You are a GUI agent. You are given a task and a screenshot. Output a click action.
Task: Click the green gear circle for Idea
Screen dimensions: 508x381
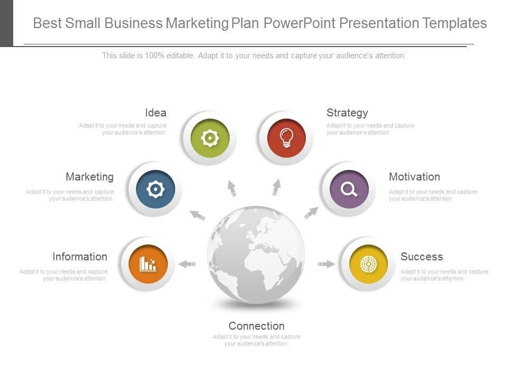[210, 138]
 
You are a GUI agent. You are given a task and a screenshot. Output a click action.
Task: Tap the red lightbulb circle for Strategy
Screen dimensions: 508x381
[286, 138]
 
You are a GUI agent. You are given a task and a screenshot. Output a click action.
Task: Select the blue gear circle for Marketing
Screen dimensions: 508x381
[156, 189]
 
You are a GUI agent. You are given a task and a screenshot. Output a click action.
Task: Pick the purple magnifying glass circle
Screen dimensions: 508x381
[349, 189]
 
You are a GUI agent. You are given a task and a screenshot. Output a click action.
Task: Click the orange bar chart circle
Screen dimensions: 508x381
[148, 264]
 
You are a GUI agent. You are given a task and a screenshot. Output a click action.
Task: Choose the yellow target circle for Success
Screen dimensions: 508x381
[368, 264]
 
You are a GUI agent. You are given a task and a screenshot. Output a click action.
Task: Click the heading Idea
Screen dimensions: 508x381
[156, 113]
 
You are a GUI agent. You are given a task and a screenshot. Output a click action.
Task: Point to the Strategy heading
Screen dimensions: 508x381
[347, 113]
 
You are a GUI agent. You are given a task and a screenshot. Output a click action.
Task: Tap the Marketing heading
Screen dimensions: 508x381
[89, 177]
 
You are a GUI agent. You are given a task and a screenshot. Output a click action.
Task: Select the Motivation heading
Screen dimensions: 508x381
[414, 177]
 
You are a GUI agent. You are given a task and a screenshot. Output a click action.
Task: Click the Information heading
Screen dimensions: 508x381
[80, 257]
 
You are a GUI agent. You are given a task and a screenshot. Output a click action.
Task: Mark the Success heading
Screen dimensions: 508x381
[422, 257]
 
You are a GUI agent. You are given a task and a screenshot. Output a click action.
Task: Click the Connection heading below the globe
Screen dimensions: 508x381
[257, 326]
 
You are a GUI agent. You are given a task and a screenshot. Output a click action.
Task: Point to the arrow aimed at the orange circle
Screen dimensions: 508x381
[187, 264]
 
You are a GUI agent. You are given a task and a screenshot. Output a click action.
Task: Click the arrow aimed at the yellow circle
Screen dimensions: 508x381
[326, 264]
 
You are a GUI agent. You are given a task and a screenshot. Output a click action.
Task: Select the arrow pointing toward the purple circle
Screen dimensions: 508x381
[311, 213]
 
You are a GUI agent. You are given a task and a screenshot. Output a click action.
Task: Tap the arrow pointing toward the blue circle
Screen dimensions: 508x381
[197, 215]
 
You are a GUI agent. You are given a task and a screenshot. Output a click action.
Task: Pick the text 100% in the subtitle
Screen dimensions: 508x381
[155, 56]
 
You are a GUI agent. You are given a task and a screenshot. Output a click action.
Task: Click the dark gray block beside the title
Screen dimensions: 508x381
[6, 23]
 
